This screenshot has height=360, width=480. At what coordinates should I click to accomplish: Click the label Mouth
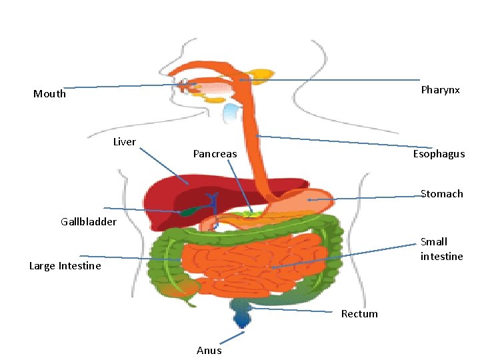point(49,94)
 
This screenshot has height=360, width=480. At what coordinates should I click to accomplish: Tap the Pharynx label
point(440,90)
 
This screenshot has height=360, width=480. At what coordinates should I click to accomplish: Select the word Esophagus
point(438,154)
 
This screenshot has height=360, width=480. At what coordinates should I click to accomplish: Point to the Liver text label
point(124,142)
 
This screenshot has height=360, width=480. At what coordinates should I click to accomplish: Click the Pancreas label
point(215,154)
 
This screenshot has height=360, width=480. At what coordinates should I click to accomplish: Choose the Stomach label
point(441,194)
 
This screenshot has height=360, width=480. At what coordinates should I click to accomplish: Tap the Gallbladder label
point(88,221)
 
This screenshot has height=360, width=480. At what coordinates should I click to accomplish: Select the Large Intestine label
point(65,266)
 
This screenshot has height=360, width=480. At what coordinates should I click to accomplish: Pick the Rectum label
point(359,314)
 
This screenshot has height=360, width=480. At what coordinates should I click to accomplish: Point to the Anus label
point(209,350)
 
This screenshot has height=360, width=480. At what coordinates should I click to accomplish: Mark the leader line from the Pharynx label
point(333,81)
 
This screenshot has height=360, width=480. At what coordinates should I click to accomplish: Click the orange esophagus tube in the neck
point(253,120)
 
